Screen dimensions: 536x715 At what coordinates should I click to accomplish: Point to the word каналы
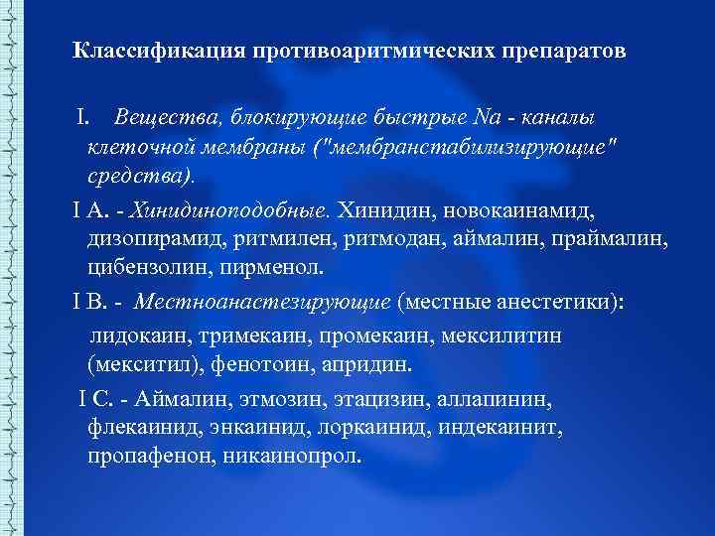[x=554, y=119]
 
